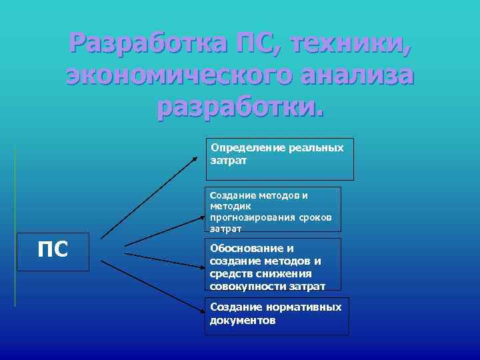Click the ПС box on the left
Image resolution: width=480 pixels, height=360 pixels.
tap(53, 251)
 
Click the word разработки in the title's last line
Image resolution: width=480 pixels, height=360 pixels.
tap(236, 107)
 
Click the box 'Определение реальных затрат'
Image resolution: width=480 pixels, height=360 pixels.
tap(279, 159)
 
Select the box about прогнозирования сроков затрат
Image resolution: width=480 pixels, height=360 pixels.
tap(273, 209)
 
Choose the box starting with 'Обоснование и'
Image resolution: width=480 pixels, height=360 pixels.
tap(273, 264)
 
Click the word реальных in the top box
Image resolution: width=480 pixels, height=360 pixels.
tap(317, 147)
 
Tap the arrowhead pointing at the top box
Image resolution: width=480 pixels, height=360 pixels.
tap(195, 158)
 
